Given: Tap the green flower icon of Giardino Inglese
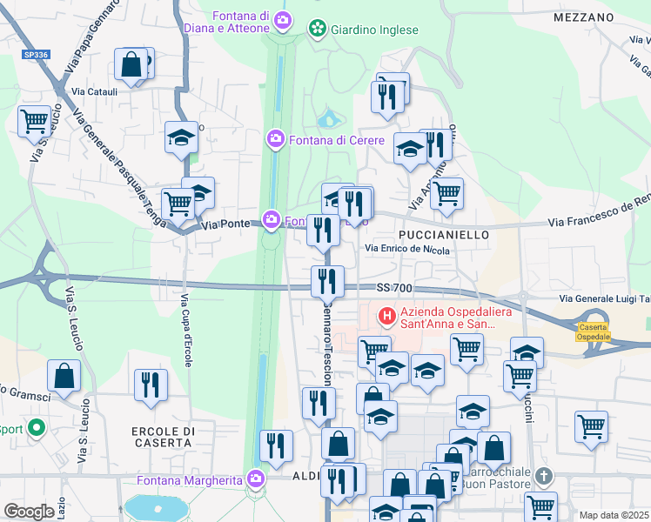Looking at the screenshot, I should (x=317, y=30).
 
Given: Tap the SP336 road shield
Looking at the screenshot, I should (x=36, y=54).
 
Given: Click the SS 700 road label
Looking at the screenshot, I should (x=393, y=287).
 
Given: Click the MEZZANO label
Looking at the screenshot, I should (x=584, y=17).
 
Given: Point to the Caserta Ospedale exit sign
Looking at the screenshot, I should (x=594, y=331).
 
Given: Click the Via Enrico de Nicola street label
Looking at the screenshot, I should (x=406, y=250).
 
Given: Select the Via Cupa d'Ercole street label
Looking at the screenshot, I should (x=185, y=331).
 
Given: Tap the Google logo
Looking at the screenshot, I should (x=29, y=512).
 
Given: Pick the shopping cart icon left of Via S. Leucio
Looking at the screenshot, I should (x=34, y=120).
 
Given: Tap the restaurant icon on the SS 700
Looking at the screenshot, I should (x=327, y=280).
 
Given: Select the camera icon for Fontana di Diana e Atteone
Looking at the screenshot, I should (x=282, y=19).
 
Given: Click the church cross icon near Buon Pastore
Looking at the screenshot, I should (x=544, y=476).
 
